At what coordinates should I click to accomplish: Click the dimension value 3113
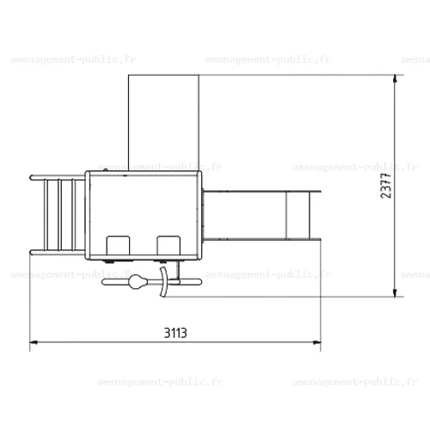[175, 333]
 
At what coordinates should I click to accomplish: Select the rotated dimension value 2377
[386, 186]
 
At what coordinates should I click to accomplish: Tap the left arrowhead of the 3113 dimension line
[34, 342]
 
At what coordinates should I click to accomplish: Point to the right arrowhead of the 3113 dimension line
[317, 342]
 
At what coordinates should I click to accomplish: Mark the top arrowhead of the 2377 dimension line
[395, 78]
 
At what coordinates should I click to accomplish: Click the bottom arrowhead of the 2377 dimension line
[395, 293]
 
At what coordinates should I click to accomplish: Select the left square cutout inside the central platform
[118, 245]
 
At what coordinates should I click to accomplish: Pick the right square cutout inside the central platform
[169, 245]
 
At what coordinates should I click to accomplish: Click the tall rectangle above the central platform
[163, 123]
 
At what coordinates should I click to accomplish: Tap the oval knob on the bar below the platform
[138, 282]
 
